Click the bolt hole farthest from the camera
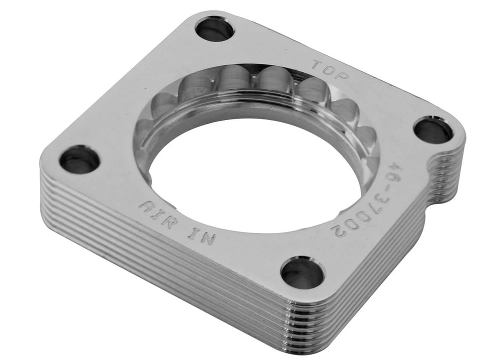coord(214,29)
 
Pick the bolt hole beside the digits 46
coord(433,130)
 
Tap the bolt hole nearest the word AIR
coord(79,159)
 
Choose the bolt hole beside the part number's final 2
coord(301,273)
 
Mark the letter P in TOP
coord(342,76)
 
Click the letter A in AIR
coord(146,206)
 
